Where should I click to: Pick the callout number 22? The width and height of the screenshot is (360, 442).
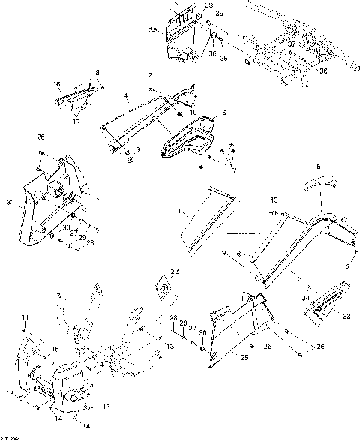pyautogui.click(x=175, y=271)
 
